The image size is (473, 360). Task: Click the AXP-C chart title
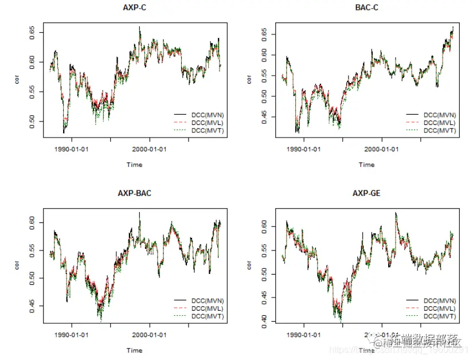(x=134, y=7)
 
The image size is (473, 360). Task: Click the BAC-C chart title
(x=366, y=7)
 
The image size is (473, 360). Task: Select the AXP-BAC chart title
(x=134, y=193)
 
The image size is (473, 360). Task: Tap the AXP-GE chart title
(x=366, y=193)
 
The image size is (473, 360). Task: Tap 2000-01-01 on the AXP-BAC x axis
(x=150, y=335)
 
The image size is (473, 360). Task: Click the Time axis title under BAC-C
(x=366, y=165)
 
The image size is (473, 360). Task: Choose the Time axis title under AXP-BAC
(x=134, y=350)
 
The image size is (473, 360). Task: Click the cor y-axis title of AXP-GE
(x=249, y=265)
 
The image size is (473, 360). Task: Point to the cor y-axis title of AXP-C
(x=17, y=79)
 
